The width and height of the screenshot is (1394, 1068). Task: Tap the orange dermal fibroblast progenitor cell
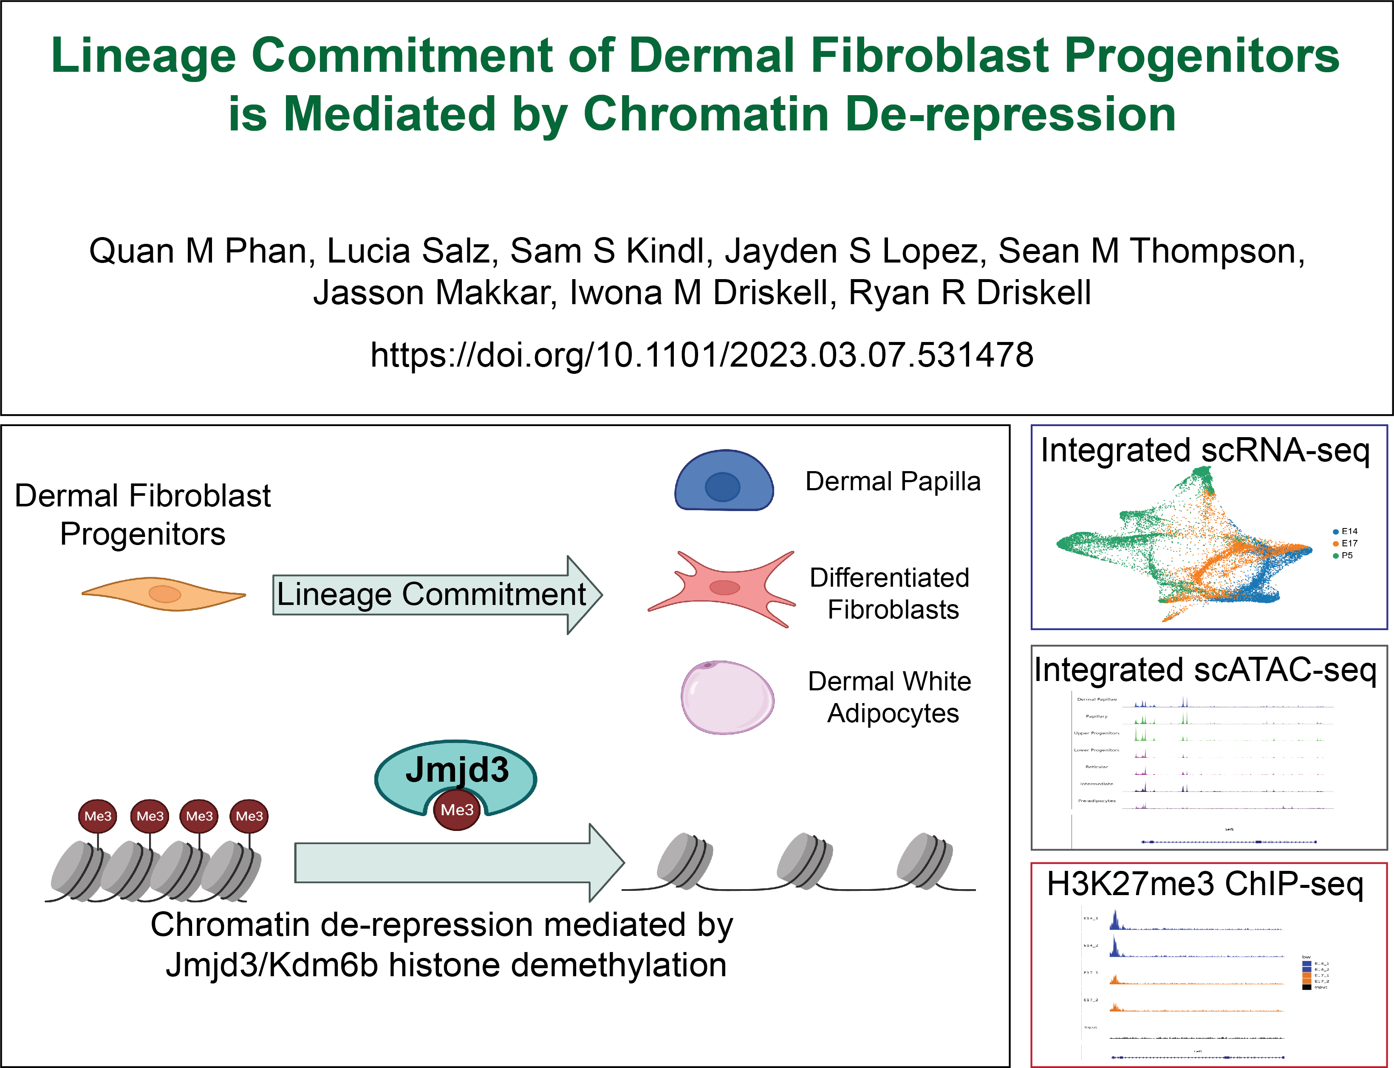(x=164, y=594)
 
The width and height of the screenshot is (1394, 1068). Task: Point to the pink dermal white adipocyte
(x=727, y=698)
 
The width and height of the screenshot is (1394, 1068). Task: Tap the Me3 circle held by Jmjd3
(x=456, y=810)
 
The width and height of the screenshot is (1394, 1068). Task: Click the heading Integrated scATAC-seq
(x=1205, y=670)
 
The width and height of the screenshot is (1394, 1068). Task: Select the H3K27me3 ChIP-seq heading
(x=1205, y=884)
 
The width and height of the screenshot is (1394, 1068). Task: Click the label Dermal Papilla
(x=893, y=481)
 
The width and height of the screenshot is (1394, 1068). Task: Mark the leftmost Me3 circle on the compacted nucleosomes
(x=98, y=816)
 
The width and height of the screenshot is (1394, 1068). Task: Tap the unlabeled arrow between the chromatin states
(x=458, y=863)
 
